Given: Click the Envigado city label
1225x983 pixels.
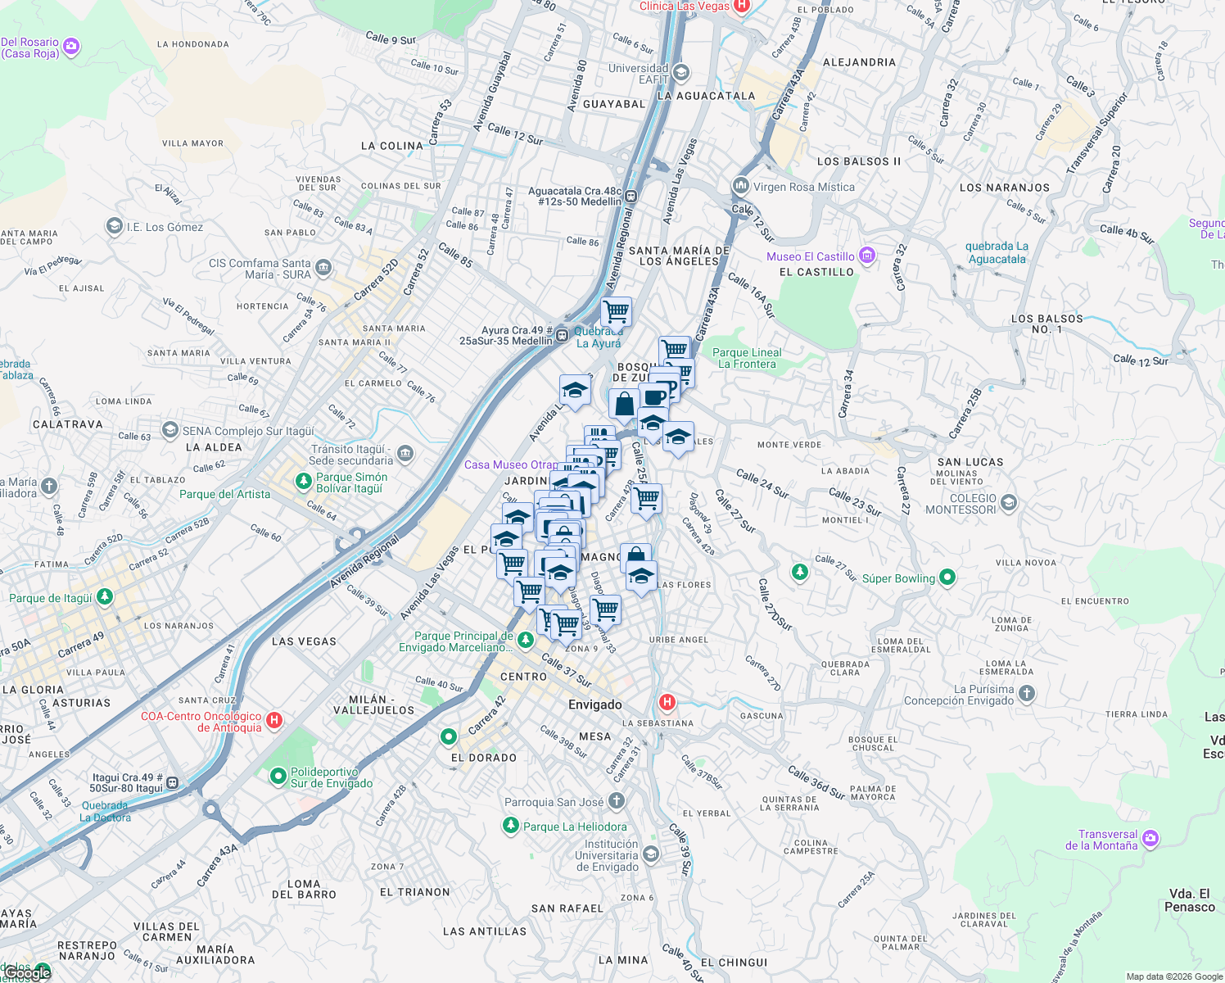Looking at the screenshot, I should [595, 704].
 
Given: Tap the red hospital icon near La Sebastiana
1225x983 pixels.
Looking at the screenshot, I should [667, 702].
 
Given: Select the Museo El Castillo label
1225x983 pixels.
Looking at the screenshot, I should [811, 256].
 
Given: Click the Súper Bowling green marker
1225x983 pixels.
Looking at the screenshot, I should [947, 578].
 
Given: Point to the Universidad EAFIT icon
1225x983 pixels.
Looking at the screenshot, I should [680, 74].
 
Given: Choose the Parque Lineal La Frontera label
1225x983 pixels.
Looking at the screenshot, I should [747, 358].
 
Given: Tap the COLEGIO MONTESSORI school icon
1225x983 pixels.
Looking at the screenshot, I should [1009, 503].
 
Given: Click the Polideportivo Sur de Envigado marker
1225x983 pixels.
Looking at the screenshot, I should [278, 775].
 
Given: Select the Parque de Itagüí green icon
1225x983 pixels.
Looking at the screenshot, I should [104, 596].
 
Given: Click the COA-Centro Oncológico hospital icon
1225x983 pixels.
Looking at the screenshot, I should [274, 720].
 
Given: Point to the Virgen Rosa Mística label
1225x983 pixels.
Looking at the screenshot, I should [803, 187].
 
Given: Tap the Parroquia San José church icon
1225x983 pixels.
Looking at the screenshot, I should [617, 800].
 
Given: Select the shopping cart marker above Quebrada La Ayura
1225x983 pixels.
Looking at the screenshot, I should [616, 312].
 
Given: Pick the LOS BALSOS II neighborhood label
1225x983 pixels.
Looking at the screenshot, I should [859, 161].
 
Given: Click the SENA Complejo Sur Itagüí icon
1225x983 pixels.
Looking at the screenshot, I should [170, 429].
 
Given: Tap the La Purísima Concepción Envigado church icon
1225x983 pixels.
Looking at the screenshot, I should [1027, 694].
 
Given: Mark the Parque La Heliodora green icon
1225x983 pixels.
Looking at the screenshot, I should [511, 825].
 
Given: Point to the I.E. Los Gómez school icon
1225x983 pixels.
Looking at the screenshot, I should [115, 226].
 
